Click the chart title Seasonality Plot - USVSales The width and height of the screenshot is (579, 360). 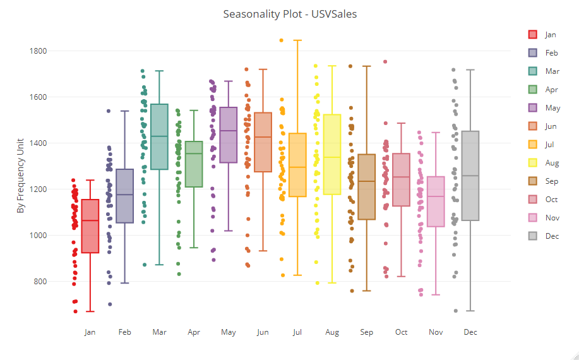tap(290, 14)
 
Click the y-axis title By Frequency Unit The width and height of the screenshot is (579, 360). tap(20, 176)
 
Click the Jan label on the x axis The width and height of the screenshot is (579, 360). tap(90, 332)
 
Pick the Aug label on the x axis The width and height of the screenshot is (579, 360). tap(332, 332)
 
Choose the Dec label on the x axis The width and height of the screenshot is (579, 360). tap(470, 332)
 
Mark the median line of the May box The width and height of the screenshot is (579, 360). tap(229, 131)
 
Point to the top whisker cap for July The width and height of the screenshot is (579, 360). tap(297, 40)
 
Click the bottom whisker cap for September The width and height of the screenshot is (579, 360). tap(367, 291)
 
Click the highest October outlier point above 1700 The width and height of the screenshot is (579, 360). tap(385, 62)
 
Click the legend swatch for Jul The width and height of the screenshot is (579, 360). tap(532, 145)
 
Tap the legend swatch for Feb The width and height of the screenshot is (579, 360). tap(532, 53)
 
